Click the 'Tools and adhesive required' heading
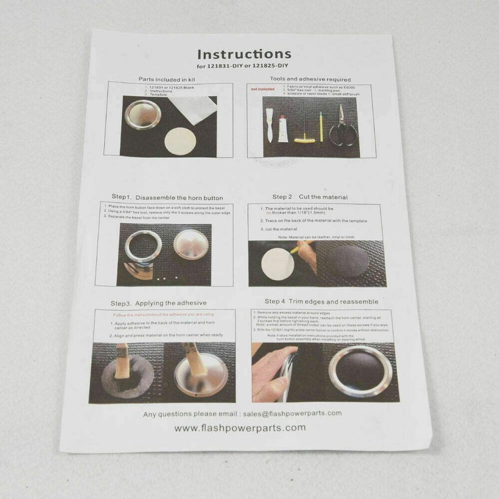310,79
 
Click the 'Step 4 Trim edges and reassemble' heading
321,302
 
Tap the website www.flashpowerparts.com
240,428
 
